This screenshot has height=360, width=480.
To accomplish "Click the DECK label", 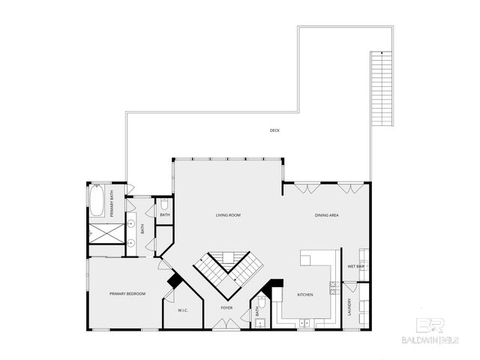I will [x=274, y=130].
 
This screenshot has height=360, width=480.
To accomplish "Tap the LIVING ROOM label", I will [x=228, y=215].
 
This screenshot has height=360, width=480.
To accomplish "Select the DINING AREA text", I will [x=327, y=215].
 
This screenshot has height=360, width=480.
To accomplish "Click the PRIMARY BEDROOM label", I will [x=127, y=293].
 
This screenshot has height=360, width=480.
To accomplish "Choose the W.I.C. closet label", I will [x=183, y=310].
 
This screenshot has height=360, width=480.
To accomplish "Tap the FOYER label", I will [x=226, y=308].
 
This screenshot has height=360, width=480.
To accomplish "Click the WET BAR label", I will [x=355, y=266].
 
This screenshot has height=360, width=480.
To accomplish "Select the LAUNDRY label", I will [x=349, y=307].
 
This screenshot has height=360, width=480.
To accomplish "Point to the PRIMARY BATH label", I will [x=112, y=206].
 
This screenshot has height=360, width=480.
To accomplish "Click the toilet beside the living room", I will [x=165, y=204].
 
